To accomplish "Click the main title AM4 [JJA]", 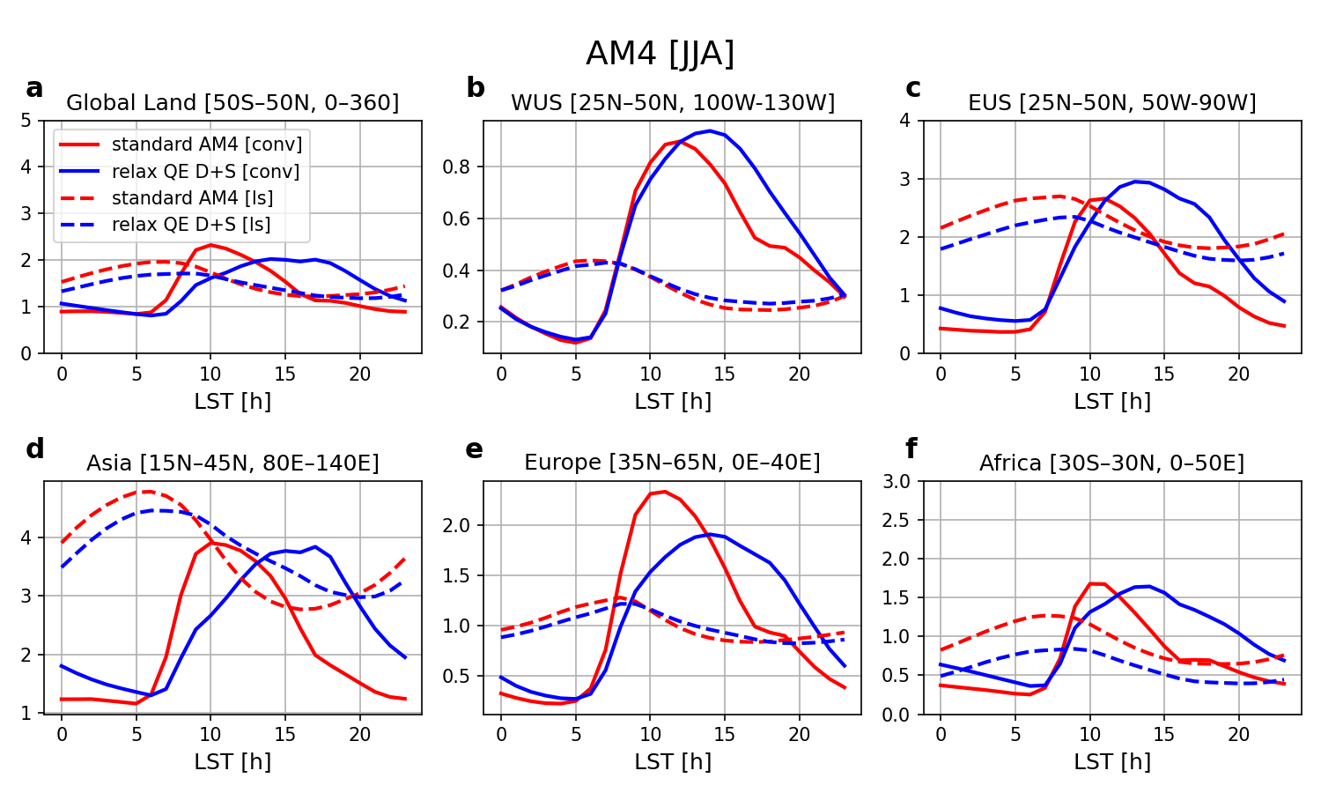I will (660, 55).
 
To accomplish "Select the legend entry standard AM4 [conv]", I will (207, 145).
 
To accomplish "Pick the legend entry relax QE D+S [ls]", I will (191, 225).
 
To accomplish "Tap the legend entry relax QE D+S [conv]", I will (205, 171).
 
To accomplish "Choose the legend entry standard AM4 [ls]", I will (192, 198).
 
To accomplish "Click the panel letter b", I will (475, 88).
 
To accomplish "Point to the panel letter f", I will (911, 449).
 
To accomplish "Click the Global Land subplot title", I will (232, 103).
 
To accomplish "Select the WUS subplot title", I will (672, 103).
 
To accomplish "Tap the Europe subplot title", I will (672, 463).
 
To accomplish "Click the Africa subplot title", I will (1111, 463).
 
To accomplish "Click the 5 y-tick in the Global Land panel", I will (26, 120).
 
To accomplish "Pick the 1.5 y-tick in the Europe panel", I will (461, 575).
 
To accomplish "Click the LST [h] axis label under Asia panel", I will (232, 761).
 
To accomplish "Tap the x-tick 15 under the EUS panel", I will (1163, 374).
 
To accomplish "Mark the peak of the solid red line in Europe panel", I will (664, 492).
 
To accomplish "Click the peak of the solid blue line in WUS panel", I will (709, 130).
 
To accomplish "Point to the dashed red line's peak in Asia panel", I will (146, 492).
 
